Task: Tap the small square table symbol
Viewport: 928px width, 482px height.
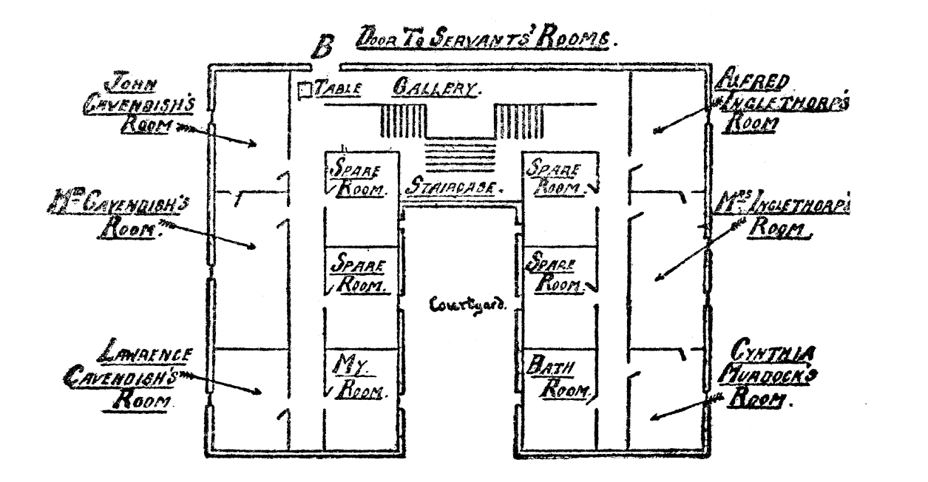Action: point(302,90)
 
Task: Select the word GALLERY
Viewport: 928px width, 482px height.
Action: point(437,88)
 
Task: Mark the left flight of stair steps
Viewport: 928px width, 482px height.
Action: point(402,121)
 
